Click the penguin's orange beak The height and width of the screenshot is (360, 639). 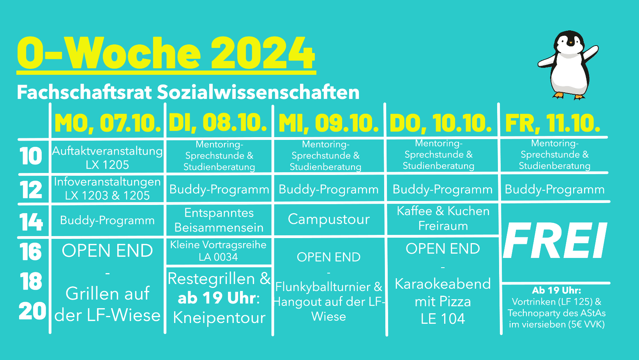click(x=571, y=43)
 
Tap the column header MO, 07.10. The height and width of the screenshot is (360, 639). click(x=108, y=123)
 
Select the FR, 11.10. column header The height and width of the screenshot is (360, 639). click(x=553, y=123)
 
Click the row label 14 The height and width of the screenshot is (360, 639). click(x=31, y=222)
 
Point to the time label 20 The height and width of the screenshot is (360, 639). click(x=32, y=311)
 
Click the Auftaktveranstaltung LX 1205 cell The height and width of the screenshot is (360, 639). click(x=107, y=157)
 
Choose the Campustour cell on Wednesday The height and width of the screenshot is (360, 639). click(x=328, y=219)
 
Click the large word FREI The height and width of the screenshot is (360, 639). click(x=555, y=240)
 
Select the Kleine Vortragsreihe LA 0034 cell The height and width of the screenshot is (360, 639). click(x=218, y=251)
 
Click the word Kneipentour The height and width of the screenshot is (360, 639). click(x=219, y=318)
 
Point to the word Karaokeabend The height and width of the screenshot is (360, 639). click(x=443, y=284)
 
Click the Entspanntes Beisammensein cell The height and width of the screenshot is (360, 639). click(x=219, y=220)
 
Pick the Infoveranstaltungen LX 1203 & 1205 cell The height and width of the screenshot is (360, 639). click(x=107, y=189)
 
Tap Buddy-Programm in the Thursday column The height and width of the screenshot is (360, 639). click(x=443, y=189)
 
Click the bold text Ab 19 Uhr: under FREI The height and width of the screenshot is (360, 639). click(x=556, y=290)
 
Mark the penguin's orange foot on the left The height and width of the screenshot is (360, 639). click(x=559, y=95)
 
